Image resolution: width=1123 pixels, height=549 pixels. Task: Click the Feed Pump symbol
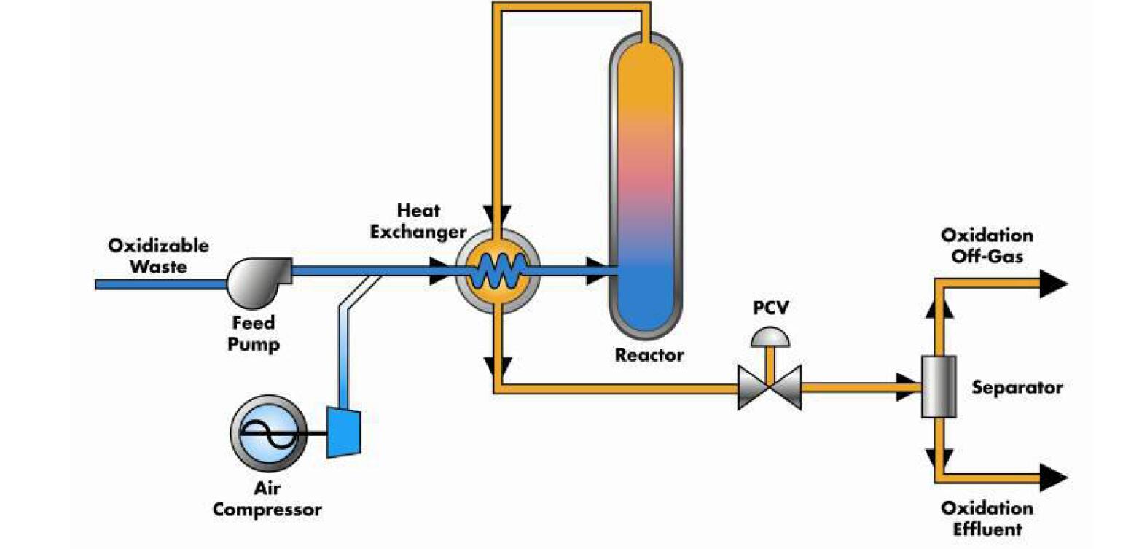(256, 279)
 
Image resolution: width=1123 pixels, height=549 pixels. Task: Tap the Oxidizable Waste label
(158, 255)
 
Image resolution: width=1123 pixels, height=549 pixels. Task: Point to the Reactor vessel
(646, 182)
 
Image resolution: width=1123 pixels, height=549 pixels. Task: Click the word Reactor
(649, 356)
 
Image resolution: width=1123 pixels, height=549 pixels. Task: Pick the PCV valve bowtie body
(770, 386)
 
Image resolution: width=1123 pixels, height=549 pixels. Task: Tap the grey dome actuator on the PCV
(770, 336)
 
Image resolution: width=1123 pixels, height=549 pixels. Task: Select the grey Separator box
(938, 386)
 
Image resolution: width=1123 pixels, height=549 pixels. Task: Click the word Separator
(1017, 386)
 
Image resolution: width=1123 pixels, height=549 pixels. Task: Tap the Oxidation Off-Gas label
(987, 246)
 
